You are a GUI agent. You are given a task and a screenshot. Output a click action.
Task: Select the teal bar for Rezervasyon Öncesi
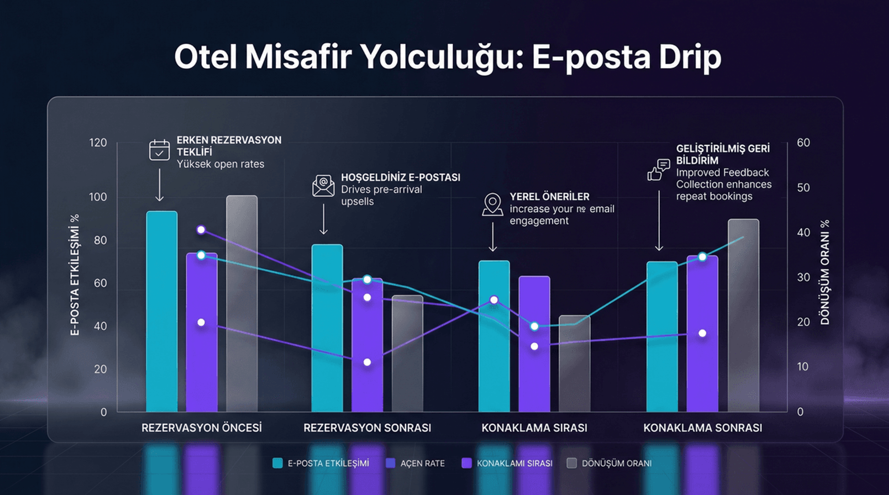162,312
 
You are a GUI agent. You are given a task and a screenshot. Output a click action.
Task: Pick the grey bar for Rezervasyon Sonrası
407,354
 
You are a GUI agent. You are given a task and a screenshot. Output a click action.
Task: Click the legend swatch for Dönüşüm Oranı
572,463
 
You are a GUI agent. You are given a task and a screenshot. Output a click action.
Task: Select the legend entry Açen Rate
422,463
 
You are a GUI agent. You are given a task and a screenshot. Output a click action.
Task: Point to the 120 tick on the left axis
98,142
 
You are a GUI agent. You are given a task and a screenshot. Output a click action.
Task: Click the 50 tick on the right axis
803,187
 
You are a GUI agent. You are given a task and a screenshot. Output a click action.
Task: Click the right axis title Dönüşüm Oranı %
825,272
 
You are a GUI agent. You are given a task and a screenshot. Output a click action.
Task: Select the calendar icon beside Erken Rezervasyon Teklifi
159,150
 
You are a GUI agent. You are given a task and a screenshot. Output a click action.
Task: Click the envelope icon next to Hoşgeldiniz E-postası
323,186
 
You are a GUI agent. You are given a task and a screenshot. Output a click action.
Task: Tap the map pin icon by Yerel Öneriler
492,204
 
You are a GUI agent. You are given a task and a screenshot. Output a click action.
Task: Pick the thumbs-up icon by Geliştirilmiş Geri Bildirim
658,170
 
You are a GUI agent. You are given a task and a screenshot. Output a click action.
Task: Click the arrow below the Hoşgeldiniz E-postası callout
324,219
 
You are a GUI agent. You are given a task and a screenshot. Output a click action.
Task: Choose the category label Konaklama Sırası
534,428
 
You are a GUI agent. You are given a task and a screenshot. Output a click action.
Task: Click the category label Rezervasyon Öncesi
201,428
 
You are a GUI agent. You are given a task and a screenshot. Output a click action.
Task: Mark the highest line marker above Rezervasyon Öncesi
201,230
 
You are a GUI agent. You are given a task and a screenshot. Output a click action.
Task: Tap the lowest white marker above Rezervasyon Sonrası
367,362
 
